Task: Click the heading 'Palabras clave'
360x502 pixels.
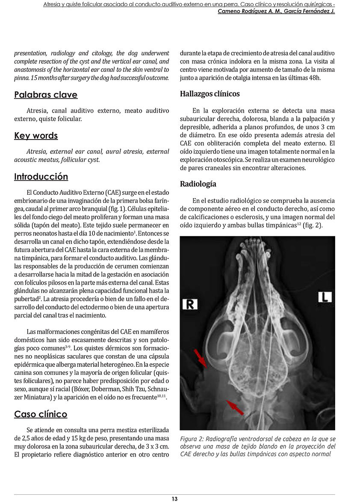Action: [x=46, y=95]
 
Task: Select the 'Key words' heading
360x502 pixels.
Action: [x=36, y=136]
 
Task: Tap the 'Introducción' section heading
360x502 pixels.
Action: [x=41, y=177]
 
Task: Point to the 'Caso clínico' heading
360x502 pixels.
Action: [x=41, y=414]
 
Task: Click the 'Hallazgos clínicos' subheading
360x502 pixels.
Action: [x=210, y=94]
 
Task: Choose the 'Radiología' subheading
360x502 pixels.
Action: [x=198, y=184]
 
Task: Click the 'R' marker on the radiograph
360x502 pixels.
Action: [x=189, y=304]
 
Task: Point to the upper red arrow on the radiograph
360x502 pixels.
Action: [x=201, y=358]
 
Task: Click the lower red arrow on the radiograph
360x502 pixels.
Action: [x=235, y=407]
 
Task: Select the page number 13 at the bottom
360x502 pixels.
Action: [x=174, y=499]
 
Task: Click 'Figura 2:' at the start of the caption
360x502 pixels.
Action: [x=193, y=439]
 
